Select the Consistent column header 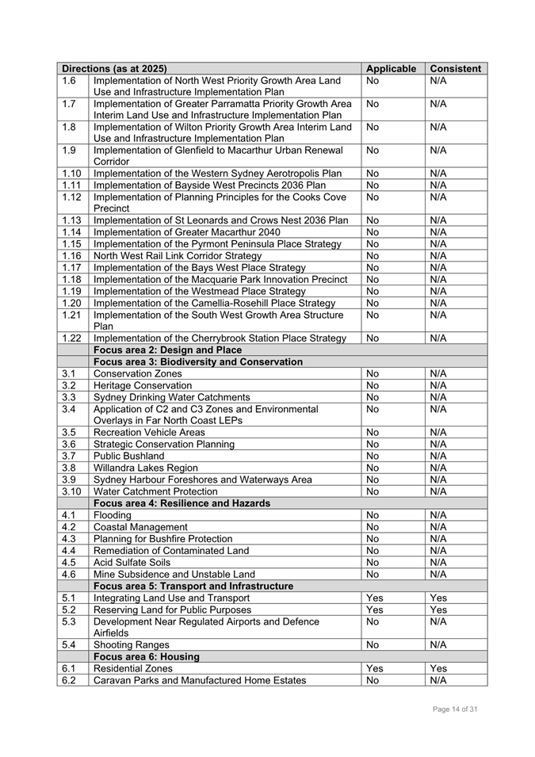pos(455,69)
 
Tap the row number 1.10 pos(71,173)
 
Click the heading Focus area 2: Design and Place pos(167,350)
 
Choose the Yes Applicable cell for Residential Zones pos(375,668)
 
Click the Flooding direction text pos(113,514)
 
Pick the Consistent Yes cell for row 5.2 pos(438,610)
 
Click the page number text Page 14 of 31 pos(455,709)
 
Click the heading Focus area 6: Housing pos(147,656)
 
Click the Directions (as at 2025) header pos(114,69)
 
